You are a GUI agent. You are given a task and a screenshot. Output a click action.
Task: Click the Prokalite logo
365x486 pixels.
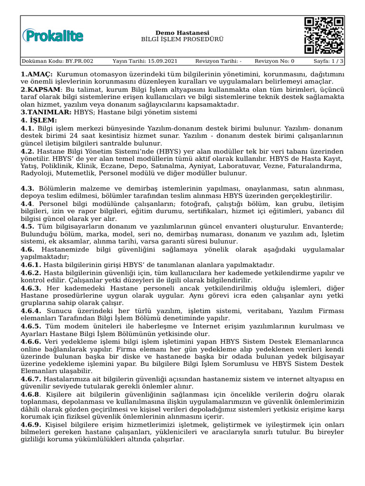53,36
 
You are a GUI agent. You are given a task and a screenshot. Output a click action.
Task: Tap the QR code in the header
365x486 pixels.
324,36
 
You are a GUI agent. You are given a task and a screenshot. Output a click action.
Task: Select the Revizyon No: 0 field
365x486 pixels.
274,61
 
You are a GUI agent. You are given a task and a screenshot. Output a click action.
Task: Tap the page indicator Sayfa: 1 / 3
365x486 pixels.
328,61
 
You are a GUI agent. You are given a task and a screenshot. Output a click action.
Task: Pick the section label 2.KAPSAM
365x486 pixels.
40,90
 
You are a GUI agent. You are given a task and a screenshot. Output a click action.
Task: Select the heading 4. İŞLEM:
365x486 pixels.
38,121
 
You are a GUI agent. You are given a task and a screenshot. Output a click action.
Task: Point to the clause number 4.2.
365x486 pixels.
28,151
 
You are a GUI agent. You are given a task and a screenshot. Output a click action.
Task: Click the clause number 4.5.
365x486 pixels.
28,227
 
